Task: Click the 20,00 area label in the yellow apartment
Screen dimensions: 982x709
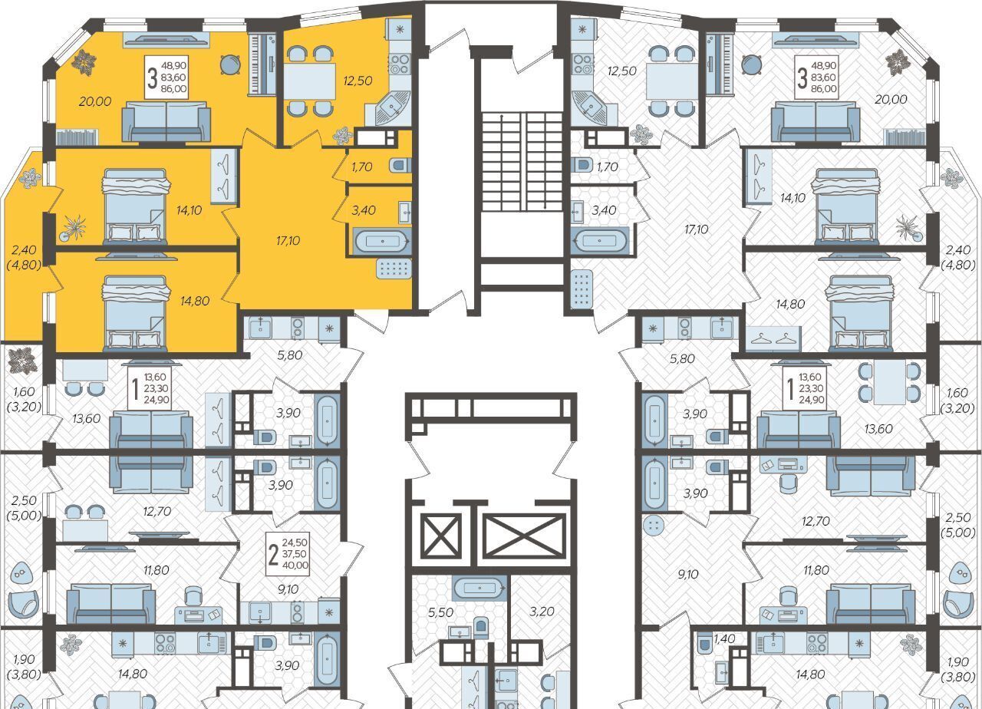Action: [x=95, y=102]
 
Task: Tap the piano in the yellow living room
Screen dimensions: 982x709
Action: [x=262, y=64]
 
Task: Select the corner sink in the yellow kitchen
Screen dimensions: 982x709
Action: [x=392, y=108]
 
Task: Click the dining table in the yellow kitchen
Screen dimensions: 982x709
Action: [x=310, y=81]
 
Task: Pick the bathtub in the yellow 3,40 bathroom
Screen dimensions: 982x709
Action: [x=382, y=241]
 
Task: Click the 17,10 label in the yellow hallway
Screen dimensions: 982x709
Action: [x=288, y=241]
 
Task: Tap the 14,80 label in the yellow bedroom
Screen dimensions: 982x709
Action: [x=195, y=302]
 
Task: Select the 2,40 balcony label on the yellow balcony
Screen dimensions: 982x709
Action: [x=24, y=250]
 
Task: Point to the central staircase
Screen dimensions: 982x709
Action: [x=522, y=160]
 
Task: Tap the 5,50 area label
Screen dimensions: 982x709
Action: [x=440, y=612]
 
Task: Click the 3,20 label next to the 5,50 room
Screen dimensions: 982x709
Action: [x=542, y=612]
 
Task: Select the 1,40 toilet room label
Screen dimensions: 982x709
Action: [x=724, y=639]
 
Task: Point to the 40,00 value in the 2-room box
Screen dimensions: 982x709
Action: [x=295, y=566]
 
